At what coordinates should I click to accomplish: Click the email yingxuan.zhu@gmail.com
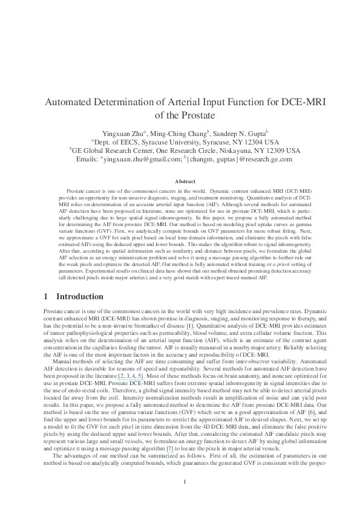(x=137, y=160)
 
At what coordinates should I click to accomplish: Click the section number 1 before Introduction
(x=46, y=297)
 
